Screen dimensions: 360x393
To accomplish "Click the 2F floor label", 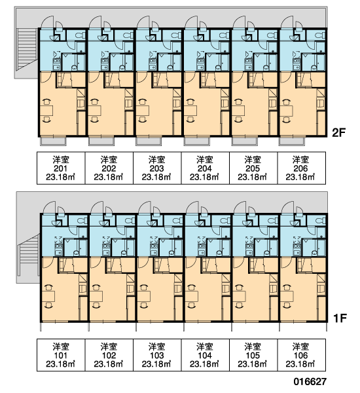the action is click(x=338, y=133).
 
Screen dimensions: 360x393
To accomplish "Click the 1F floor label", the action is click(x=340, y=318).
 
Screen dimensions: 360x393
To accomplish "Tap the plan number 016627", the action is click(x=310, y=382).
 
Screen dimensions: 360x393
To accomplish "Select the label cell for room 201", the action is click(x=61, y=168).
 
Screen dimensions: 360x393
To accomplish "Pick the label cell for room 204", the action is click(x=205, y=168).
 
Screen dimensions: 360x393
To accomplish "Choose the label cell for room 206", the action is click(x=301, y=168).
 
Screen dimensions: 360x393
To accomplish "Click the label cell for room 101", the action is click(x=61, y=355).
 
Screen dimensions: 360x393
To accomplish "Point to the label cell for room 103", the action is click(x=157, y=355).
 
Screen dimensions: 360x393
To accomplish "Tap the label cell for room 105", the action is click(x=253, y=355).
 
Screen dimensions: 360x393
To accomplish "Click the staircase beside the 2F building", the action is click(x=27, y=49).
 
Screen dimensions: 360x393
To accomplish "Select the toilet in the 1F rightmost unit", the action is click(x=320, y=221).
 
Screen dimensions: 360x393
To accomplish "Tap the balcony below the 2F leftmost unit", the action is click(x=54, y=141).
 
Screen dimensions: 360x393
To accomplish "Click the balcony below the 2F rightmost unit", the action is click(x=292, y=141).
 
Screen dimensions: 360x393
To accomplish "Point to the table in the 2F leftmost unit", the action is click(x=46, y=111).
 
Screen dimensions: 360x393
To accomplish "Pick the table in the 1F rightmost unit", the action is click(x=287, y=297).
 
